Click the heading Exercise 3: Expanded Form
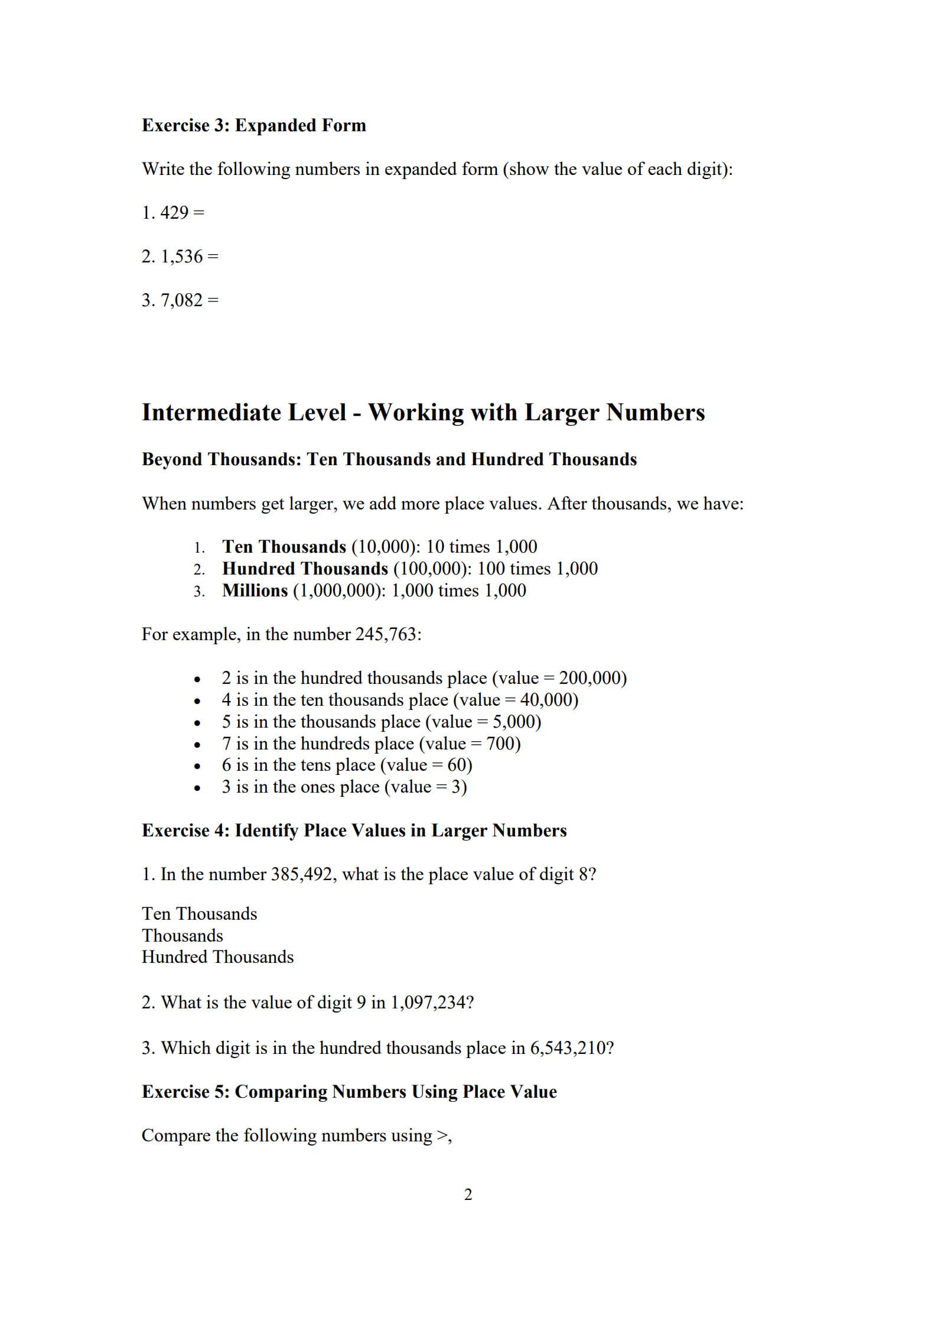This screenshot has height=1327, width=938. pyautogui.click(x=253, y=125)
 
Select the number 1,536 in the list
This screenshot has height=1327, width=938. pyautogui.click(x=181, y=257)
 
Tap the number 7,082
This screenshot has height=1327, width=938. pyautogui.click(x=181, y=300)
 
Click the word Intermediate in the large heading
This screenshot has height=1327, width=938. pyautogui.click(x=243, y=413)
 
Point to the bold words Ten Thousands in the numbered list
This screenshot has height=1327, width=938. pyautogui.click(x=284, y=547)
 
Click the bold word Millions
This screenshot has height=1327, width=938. pyautogui.click(x=255, y=591)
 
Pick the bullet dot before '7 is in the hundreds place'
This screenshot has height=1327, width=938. pyautogui.click(x=197, y=745)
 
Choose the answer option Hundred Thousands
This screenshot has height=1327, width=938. pyautogui.click(x=217, y=957)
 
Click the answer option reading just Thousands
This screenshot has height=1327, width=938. pyautogui.click(x=182, y=936)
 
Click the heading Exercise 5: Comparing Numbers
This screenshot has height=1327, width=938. pyautogui.click(x=349, y=1092)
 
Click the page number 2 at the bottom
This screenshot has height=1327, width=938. pyautogui.click(x=468, y=1195)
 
